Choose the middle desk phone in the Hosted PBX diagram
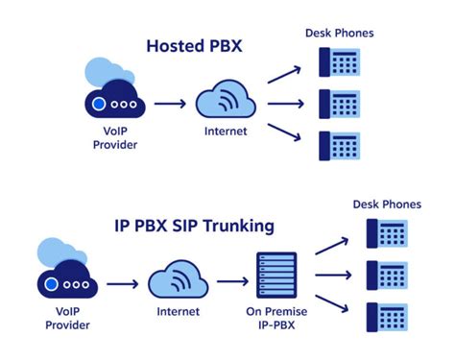[340, 104]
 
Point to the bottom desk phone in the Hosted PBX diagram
[340, 144]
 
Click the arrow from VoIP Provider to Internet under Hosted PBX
[169, 104]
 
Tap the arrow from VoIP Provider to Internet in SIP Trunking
[122, 284]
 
